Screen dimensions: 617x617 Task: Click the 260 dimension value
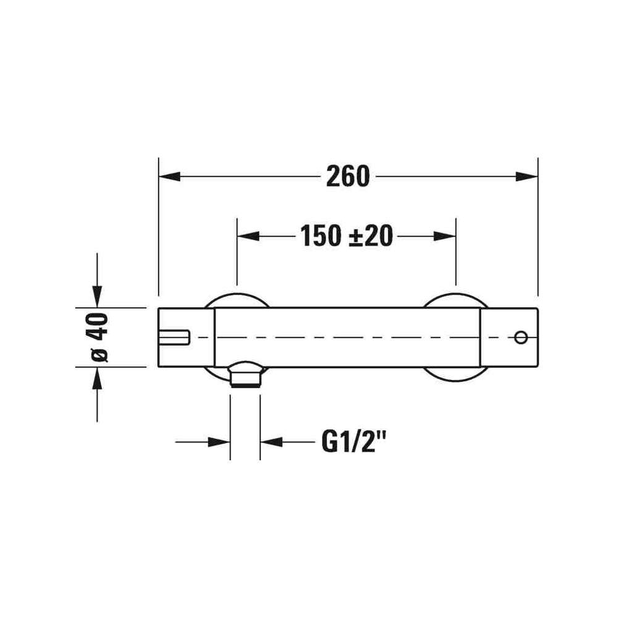(348, 176)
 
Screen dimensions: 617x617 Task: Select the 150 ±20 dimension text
(347, 236)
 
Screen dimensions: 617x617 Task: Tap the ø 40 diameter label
(98, 337)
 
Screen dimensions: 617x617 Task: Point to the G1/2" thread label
(352, 442)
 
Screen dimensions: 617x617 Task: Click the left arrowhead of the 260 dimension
(169, 176)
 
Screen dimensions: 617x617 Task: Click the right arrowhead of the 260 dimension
(526, 176)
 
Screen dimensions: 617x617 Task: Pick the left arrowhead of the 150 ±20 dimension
(248, 236)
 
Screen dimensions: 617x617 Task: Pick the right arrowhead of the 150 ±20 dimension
(445, 236)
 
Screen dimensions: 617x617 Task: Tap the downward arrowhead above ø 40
(97, 297)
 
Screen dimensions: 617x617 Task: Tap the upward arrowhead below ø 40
(97, 378)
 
